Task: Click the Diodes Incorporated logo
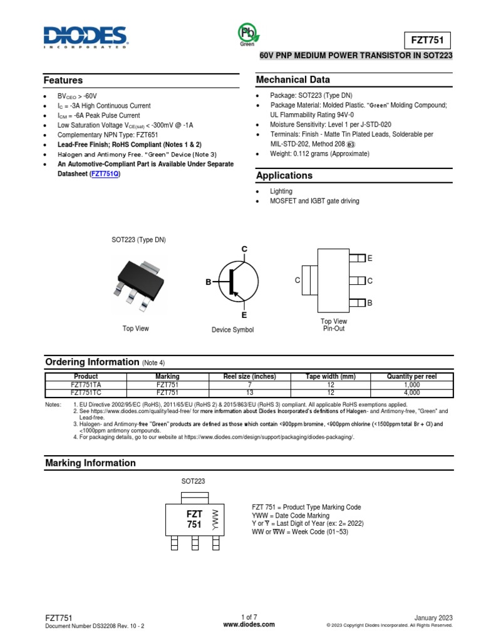[x=85, y=38]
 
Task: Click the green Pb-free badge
[x=246, y=34]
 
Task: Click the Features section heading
[x=63, y=81]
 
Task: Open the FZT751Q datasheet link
[x=105, y=174]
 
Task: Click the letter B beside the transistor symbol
[x=209, y=283]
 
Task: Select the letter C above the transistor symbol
[x=245, y=250]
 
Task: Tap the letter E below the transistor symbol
[x=244, y=315]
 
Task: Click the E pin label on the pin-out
[x=370, y=259]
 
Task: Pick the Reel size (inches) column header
[x=249, y=376]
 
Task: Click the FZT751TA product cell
[x=85, y=384]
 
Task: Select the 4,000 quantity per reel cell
[x=412, y=392]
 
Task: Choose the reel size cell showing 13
[x=249, y=392]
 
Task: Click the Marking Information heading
[x=90, y=463]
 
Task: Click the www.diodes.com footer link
[x=249, y=624]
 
